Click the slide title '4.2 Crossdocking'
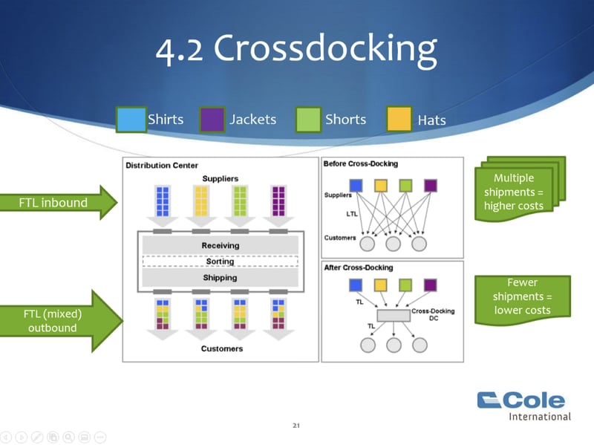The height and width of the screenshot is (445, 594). click(x=296, y=48)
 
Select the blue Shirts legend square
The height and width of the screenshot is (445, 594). click(x=131, y=120)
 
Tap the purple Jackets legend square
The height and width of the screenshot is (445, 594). click(x=212, y=120)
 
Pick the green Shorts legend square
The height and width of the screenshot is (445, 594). click(x=308, y=120)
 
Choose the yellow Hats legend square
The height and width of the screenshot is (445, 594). click(x=399, y=120)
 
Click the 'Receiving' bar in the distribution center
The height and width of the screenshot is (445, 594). click(x=220, y=245)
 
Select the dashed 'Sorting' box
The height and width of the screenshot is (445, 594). click(x=220, y=262)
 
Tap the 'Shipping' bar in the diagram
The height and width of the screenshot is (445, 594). click(x=220, y=278)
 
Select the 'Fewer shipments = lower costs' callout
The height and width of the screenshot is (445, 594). click(x=523, y=296)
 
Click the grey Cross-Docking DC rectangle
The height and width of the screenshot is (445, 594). click(x=393, y=316)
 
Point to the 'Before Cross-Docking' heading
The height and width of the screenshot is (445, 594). click(x=361, y=163)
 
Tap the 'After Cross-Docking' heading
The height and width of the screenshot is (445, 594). click(x=359, y=267)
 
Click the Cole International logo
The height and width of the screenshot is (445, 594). click(x=523, y=405)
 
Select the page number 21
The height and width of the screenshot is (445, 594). click(x=296, y=426)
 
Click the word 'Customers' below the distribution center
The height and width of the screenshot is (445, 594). click(x=221, y=348)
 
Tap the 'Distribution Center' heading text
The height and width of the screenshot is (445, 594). click(x=162, y=165)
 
